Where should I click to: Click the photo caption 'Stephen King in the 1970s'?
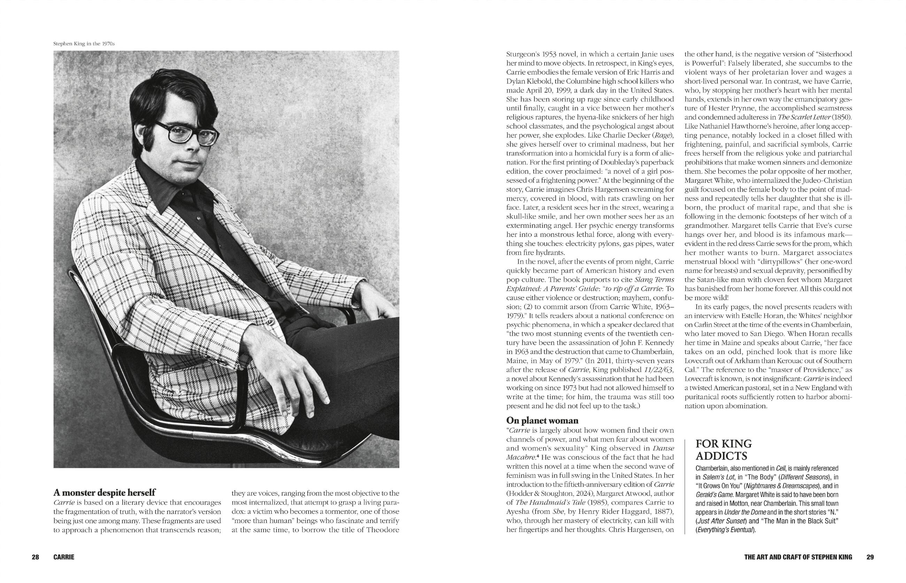tap(84, 44)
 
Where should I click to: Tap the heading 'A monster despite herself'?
tap(105, 492)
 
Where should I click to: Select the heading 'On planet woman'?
tap(542, 420)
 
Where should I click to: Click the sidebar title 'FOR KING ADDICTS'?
tap(724, 450)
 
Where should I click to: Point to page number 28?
tap(35, 557)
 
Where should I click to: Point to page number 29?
tap(870, 557)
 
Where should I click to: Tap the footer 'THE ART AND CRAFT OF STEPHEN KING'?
tap(798, 557)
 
